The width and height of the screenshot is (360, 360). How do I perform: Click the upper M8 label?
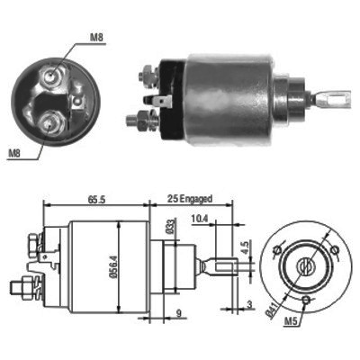pos(96,38)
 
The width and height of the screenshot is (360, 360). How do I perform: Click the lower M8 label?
pos(14,154)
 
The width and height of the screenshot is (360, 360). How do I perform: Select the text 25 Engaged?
pos(190,199)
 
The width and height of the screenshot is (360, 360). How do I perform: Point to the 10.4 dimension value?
pos(200,219)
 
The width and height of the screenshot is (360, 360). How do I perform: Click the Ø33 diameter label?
pos(172,226)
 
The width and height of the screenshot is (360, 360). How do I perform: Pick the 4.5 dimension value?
pos(246,247)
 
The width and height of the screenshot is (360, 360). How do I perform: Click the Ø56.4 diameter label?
pos(112,267)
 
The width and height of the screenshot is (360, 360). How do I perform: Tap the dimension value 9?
pos(179,314)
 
